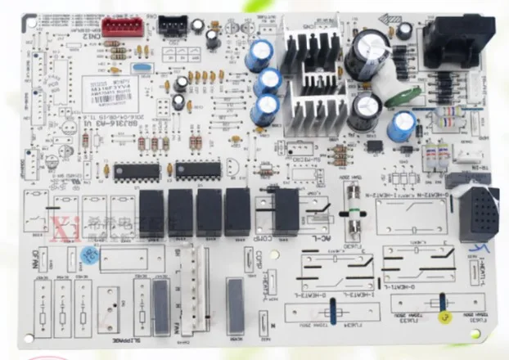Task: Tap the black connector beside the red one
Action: tap(171, 26)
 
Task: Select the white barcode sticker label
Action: tap(107, 87)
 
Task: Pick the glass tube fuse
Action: tap(353, 208)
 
